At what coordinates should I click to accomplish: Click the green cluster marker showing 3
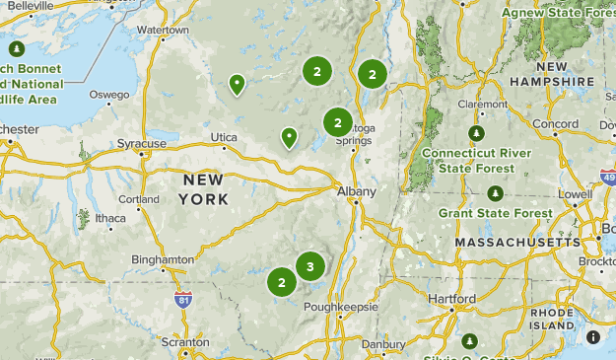click(310, 266)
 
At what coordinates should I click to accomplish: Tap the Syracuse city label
click(142, 144)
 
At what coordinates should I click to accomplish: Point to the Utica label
click(225, 137)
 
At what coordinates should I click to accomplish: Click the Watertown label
click(162, 31)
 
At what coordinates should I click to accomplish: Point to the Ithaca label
click(110, 218)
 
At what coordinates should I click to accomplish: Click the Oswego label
click(109, 95)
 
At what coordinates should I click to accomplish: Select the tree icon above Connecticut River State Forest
click(477, 133)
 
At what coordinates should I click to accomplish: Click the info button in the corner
click(593, 337)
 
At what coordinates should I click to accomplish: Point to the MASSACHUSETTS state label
click(518, 242)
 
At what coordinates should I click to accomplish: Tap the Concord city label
click(555, 124)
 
